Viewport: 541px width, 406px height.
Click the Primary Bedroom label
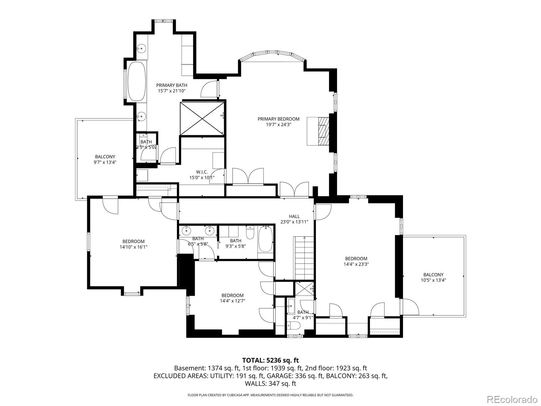(x=279, y=119)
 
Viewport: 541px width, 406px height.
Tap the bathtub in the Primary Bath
(x=137, y=81)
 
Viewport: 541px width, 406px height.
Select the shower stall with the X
(x=202, y=118)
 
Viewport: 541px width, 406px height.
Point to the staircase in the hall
(x=304, y=258)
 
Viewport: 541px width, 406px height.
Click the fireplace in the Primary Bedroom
(x=323, y=131)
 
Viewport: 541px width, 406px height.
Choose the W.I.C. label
(x=202, y=172)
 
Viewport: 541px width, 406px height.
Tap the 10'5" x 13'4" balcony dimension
(x=433, y=280)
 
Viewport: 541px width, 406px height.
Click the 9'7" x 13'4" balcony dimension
(x=105, y=162)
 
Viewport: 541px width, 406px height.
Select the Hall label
(x=294, y=216)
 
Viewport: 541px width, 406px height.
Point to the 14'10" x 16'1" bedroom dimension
(x=134, y=247)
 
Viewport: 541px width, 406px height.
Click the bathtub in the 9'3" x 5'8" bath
(x=265, y=239)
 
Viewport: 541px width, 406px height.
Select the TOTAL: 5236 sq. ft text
(x=270, y=360)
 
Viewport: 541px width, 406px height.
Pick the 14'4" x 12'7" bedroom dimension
(x=232, y=301)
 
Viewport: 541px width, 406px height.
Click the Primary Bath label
(x=171, y=85)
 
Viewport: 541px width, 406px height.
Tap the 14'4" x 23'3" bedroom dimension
(x=356, y=264)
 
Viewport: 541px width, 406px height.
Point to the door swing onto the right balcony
(x=410, y=307)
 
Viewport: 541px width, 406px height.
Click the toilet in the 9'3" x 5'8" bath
(x=250, y=232)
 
